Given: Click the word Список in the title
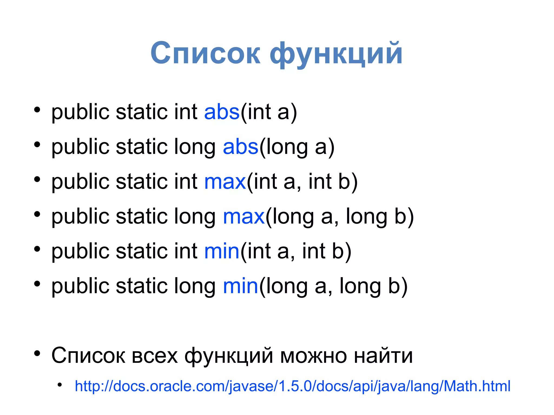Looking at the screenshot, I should (x=205, y=53).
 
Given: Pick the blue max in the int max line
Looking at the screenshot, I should (x=225, y=181).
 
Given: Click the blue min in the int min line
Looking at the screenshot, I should (x=222, y=251).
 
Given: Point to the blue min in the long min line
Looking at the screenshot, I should (x=240, y=286).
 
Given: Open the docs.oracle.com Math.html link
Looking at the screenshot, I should (x=292, y=386).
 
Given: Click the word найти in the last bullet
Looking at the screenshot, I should (x=383, y=356).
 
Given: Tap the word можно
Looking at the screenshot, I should (x=313, y=356).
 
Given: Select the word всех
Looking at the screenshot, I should (x=154, y=356).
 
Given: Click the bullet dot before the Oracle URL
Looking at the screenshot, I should (x=60, y=385).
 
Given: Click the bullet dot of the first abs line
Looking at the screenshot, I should (x=37, y=110).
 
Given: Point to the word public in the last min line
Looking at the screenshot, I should (x=80, y=287).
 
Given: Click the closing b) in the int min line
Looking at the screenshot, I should (x=341, y=251).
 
